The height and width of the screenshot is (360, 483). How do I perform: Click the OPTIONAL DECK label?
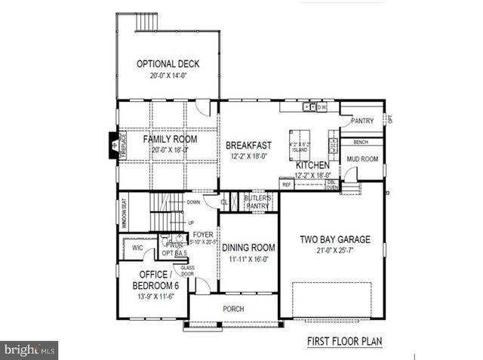pos(167,64)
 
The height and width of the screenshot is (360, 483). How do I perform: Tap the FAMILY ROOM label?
pos(170,140)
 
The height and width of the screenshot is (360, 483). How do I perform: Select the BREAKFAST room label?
pos(248,145)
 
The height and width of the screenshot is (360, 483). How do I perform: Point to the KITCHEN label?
pos(313,165)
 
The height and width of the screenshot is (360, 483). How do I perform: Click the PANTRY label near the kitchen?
pos(361,121)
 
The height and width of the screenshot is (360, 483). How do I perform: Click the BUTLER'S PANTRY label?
pos(257,202)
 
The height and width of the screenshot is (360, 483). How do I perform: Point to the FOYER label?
pos(202,235)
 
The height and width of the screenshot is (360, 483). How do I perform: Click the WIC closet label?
pos(137,248)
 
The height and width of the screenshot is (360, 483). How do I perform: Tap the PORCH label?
pos(233,309)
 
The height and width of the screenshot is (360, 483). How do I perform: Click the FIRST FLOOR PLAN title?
pos(343,341)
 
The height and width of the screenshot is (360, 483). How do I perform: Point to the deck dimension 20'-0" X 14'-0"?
pos(167,75)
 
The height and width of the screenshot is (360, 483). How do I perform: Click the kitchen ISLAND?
pos(303,146)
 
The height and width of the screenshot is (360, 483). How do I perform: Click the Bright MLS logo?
pos(29,350)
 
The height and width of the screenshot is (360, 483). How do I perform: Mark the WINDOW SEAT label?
pos(125,213)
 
